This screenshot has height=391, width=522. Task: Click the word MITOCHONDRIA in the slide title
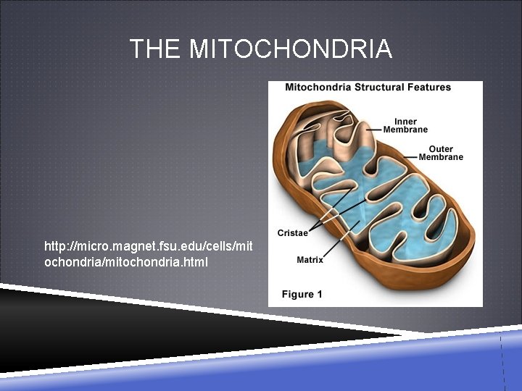point(291,49)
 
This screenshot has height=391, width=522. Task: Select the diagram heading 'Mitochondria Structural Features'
point(368,88)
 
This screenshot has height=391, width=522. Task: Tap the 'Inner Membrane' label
point(410,125)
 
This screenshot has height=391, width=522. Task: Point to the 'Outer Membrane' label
point(441,154)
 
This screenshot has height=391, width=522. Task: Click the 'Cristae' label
point(292,232)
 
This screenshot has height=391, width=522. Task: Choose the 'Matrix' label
point(310,260)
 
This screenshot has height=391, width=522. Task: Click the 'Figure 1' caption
point(302,294)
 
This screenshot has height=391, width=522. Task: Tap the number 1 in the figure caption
point(319,294)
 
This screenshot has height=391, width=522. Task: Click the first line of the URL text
point(149,247)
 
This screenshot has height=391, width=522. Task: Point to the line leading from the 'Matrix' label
point(341,243)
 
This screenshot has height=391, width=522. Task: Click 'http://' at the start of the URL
point(60,247)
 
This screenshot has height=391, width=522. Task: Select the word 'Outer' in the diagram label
point(441,149)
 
